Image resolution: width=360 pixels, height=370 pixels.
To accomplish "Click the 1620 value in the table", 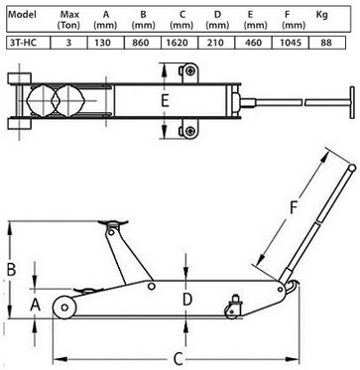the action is (180, 43).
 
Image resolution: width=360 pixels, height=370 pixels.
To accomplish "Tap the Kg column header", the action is (321, 15).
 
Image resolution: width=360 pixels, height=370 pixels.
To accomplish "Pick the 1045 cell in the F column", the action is (290, 43).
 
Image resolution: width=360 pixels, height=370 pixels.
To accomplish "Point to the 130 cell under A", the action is (105, 43).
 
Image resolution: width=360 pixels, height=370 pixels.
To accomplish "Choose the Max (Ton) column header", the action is (69, 20).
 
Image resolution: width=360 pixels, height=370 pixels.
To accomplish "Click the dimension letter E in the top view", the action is (165, 101).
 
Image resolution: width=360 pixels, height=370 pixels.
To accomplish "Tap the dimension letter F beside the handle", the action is (293, 208).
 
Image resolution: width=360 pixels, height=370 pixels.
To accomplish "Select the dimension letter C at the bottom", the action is (179, 359).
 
